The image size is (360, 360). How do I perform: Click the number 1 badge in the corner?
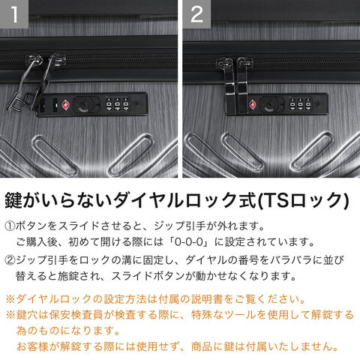tap(14, 14)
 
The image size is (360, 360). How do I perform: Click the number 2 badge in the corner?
tap(196, 14)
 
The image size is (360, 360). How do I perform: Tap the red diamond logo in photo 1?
tap(66, 104)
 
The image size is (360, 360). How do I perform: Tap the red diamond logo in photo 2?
tap(253, 104)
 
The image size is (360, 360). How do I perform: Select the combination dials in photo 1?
tap(117, 103)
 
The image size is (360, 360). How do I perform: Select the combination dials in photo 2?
tap(300, 103)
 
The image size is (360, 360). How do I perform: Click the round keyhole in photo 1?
tap(82, 104)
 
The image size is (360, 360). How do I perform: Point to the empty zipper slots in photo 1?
tap(48, 105)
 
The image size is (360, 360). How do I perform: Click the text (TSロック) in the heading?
tap(303, 201)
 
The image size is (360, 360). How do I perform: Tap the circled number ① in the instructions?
tap(10, 226)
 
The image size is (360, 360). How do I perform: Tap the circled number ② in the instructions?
tap(10, 260)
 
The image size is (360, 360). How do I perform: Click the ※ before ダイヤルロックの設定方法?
tap(10, 299)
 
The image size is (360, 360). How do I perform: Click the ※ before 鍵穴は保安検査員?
tap(10, 315)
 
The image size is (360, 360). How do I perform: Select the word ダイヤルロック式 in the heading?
tap(184, 201)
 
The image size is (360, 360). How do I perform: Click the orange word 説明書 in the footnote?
tap(207, 299)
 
